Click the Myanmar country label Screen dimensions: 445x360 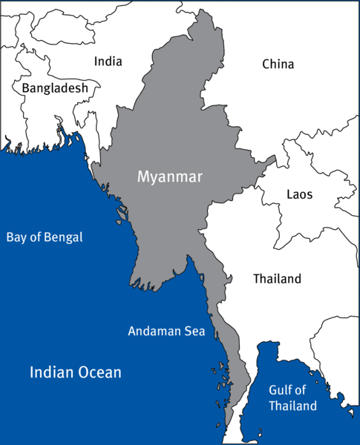pos(169,177)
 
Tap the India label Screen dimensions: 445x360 pos(108,62)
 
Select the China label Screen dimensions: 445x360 pos(278,65)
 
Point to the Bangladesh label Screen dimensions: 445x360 pos(55,88)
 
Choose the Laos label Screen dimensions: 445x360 pos(299,195)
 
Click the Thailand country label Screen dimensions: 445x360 pos(277,279)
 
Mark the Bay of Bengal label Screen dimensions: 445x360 pos(45,238)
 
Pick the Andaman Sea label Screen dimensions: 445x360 pos(166,331)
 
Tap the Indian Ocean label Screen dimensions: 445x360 pos(75,372)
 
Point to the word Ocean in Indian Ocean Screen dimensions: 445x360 pos(99,372)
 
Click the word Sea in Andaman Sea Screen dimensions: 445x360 pos(194,331)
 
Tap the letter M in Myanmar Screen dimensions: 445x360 pos(143,177)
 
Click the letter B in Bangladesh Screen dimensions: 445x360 pos(25,88)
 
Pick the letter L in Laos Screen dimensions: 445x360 pos(289,195)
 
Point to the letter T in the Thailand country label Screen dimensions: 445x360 pos(256,279)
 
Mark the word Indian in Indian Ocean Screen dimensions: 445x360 pos(51,372)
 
